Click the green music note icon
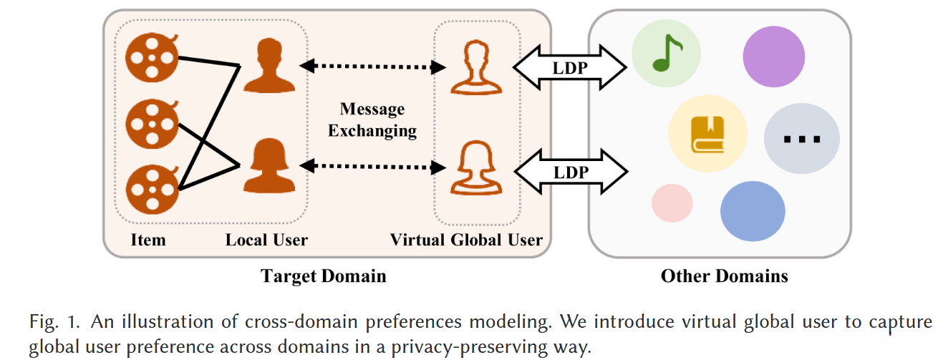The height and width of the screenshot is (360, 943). coord(667,53)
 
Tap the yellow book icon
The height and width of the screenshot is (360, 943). coord(707,134)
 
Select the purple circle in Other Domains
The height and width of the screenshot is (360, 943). coord(774,57)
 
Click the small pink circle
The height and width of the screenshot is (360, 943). coord(672,203)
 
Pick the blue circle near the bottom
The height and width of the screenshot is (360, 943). coord(753,211)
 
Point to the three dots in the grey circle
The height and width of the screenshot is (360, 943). coord(801,139)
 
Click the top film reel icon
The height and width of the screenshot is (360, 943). coord(152,57)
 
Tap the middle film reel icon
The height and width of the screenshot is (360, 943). coord(152,124)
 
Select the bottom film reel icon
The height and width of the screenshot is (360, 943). coord(152,190)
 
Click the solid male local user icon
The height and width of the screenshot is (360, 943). coord(269,65)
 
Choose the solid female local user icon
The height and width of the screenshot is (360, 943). coord(269,166)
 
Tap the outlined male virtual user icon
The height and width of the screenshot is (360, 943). coord(476,67)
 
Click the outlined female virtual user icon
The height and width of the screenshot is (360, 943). coord(476,167)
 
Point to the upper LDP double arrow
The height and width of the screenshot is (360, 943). coord(570,67)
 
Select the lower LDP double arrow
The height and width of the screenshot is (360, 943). coord(571,172)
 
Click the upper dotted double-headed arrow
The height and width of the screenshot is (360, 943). coord(372,67)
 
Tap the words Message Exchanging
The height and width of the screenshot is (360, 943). coord(372,120)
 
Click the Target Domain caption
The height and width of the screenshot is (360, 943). coord(324,276)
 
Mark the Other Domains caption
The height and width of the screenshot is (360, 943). coord(724,276)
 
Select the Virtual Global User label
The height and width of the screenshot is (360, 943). coord(466,240)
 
